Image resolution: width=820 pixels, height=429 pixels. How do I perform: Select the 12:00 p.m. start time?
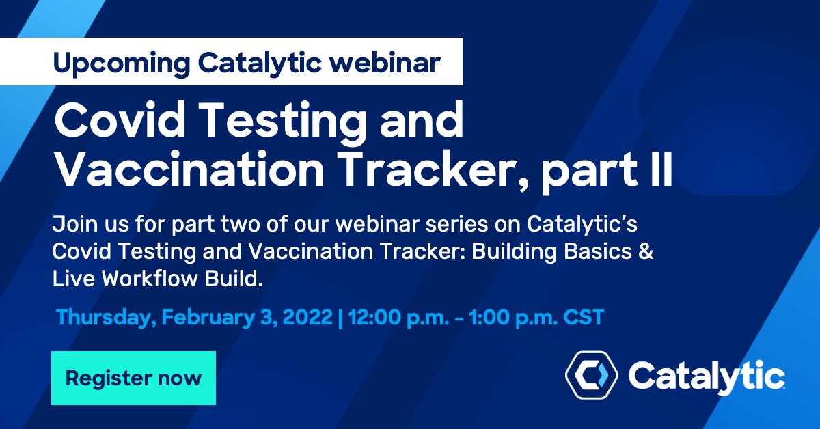pos(392,318)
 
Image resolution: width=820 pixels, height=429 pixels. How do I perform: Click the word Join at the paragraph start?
pos(71,226)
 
